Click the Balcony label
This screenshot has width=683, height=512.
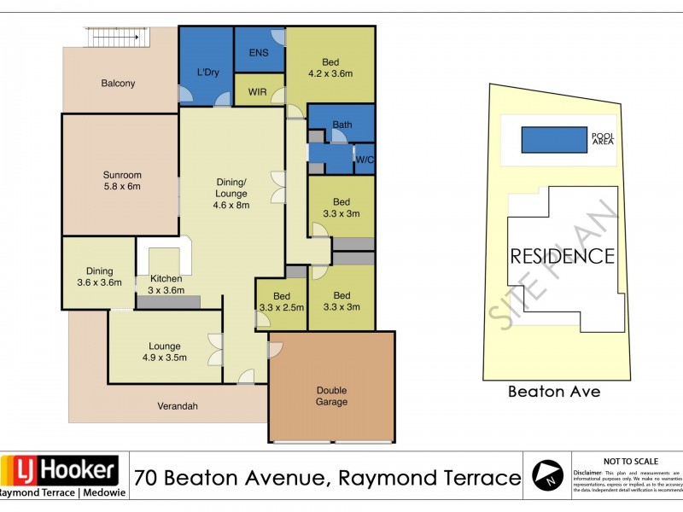tap(118, 84)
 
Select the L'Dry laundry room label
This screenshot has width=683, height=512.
tap(208, 73)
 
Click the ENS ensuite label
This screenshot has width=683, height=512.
tap(259, 53)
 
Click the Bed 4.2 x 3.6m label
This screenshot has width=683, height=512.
tap(330, 67)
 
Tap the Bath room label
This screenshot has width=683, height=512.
tap(341, 125)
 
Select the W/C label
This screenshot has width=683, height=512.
tap(364, 160)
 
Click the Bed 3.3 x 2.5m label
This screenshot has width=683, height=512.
tap(281, 302)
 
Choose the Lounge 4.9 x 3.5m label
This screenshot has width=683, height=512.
tap(164, 352)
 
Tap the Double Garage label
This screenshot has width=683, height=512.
tap(332, 396)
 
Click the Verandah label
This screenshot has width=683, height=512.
tap(178, 407)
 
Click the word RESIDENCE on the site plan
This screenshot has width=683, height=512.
tap(562, 256)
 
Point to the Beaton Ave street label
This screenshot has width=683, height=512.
tap(554, 392)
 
